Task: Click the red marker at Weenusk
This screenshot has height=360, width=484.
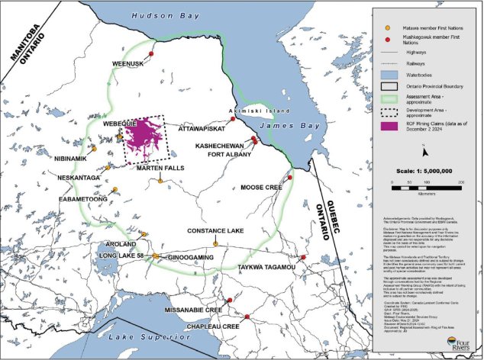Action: [151, 54]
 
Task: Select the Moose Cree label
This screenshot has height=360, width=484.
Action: [262, 187]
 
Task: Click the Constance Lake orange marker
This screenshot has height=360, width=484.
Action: [216, 244]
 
